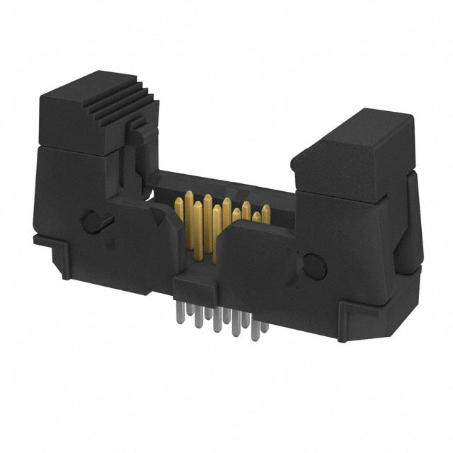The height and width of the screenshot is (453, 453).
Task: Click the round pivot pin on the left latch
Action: coord(91,222)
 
